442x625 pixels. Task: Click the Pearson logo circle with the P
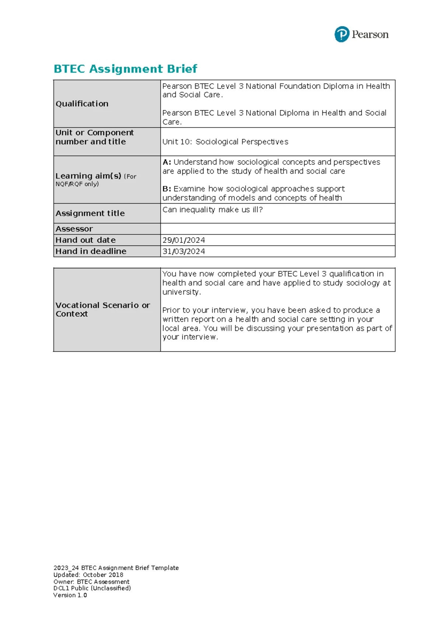[x=341, y=34]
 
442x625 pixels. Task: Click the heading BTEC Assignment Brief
[x=125, y=69]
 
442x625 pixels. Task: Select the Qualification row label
[x=82, y=104]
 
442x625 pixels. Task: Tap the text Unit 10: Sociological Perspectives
[x=225, y=142]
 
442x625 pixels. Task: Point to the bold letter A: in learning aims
[x=167, y=162]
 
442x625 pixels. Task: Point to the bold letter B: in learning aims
[x=167, y=189]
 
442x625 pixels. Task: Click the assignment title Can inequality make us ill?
[x=213, y=210]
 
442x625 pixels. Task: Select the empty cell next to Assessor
[x=277, y=229]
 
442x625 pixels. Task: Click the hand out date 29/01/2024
[x=183, y=240]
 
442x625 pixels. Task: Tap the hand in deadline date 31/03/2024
[x=183, y=251]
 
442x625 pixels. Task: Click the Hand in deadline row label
[x=91, y=251]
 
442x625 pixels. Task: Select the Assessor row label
[x=74, y=229]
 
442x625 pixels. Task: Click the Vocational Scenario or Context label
[x=102, y=310]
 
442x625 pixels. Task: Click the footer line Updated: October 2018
[x=88, y=575]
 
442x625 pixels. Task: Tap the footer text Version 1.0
[x=70, y=595]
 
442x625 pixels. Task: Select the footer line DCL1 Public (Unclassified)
[x=92, y=589]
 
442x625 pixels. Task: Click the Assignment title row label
[x=90, y=213]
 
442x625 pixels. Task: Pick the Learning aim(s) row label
[x=88, y=176]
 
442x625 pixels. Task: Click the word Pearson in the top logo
[x=370, y=35]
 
